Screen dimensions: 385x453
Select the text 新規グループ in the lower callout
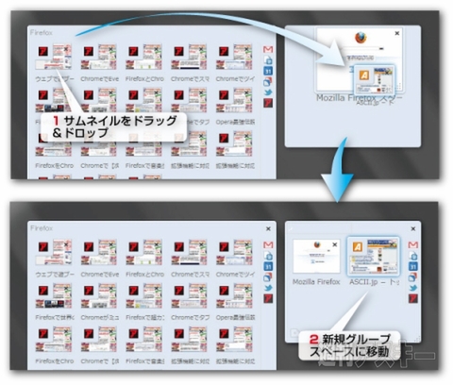[352, 337]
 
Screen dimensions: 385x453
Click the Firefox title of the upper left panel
[39, 31]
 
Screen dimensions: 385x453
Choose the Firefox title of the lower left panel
[39, 226]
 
